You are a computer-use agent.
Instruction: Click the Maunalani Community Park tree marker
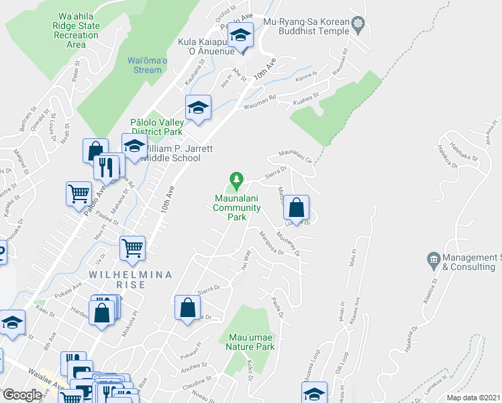point(236,180)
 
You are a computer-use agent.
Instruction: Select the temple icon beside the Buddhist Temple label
point(358,23)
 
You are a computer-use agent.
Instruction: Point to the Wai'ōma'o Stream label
point(144,65)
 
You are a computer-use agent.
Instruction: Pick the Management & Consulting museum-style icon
point(432,259)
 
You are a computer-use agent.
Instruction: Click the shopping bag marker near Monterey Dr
point(295,207)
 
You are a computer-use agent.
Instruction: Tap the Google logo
point(22,395)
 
